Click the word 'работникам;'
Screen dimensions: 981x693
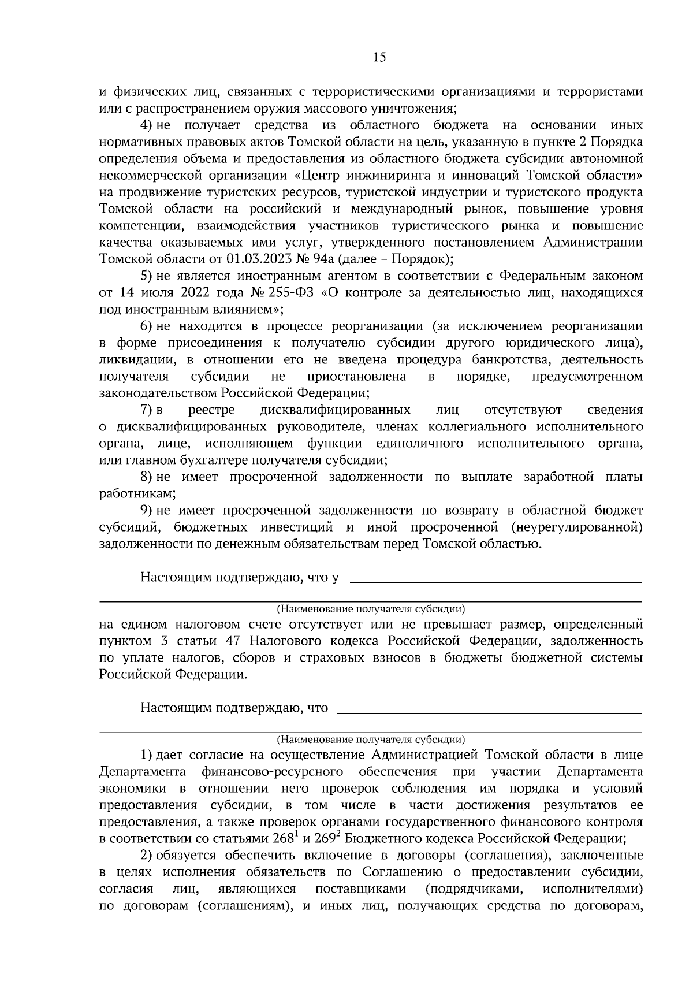(x=137, y=494)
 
